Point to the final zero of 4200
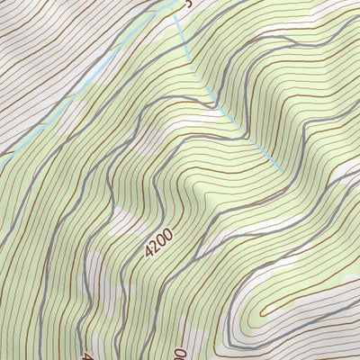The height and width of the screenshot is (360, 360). (166, 232)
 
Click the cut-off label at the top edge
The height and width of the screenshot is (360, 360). (188, 4)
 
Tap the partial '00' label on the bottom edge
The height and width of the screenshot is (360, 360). (180, 354)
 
